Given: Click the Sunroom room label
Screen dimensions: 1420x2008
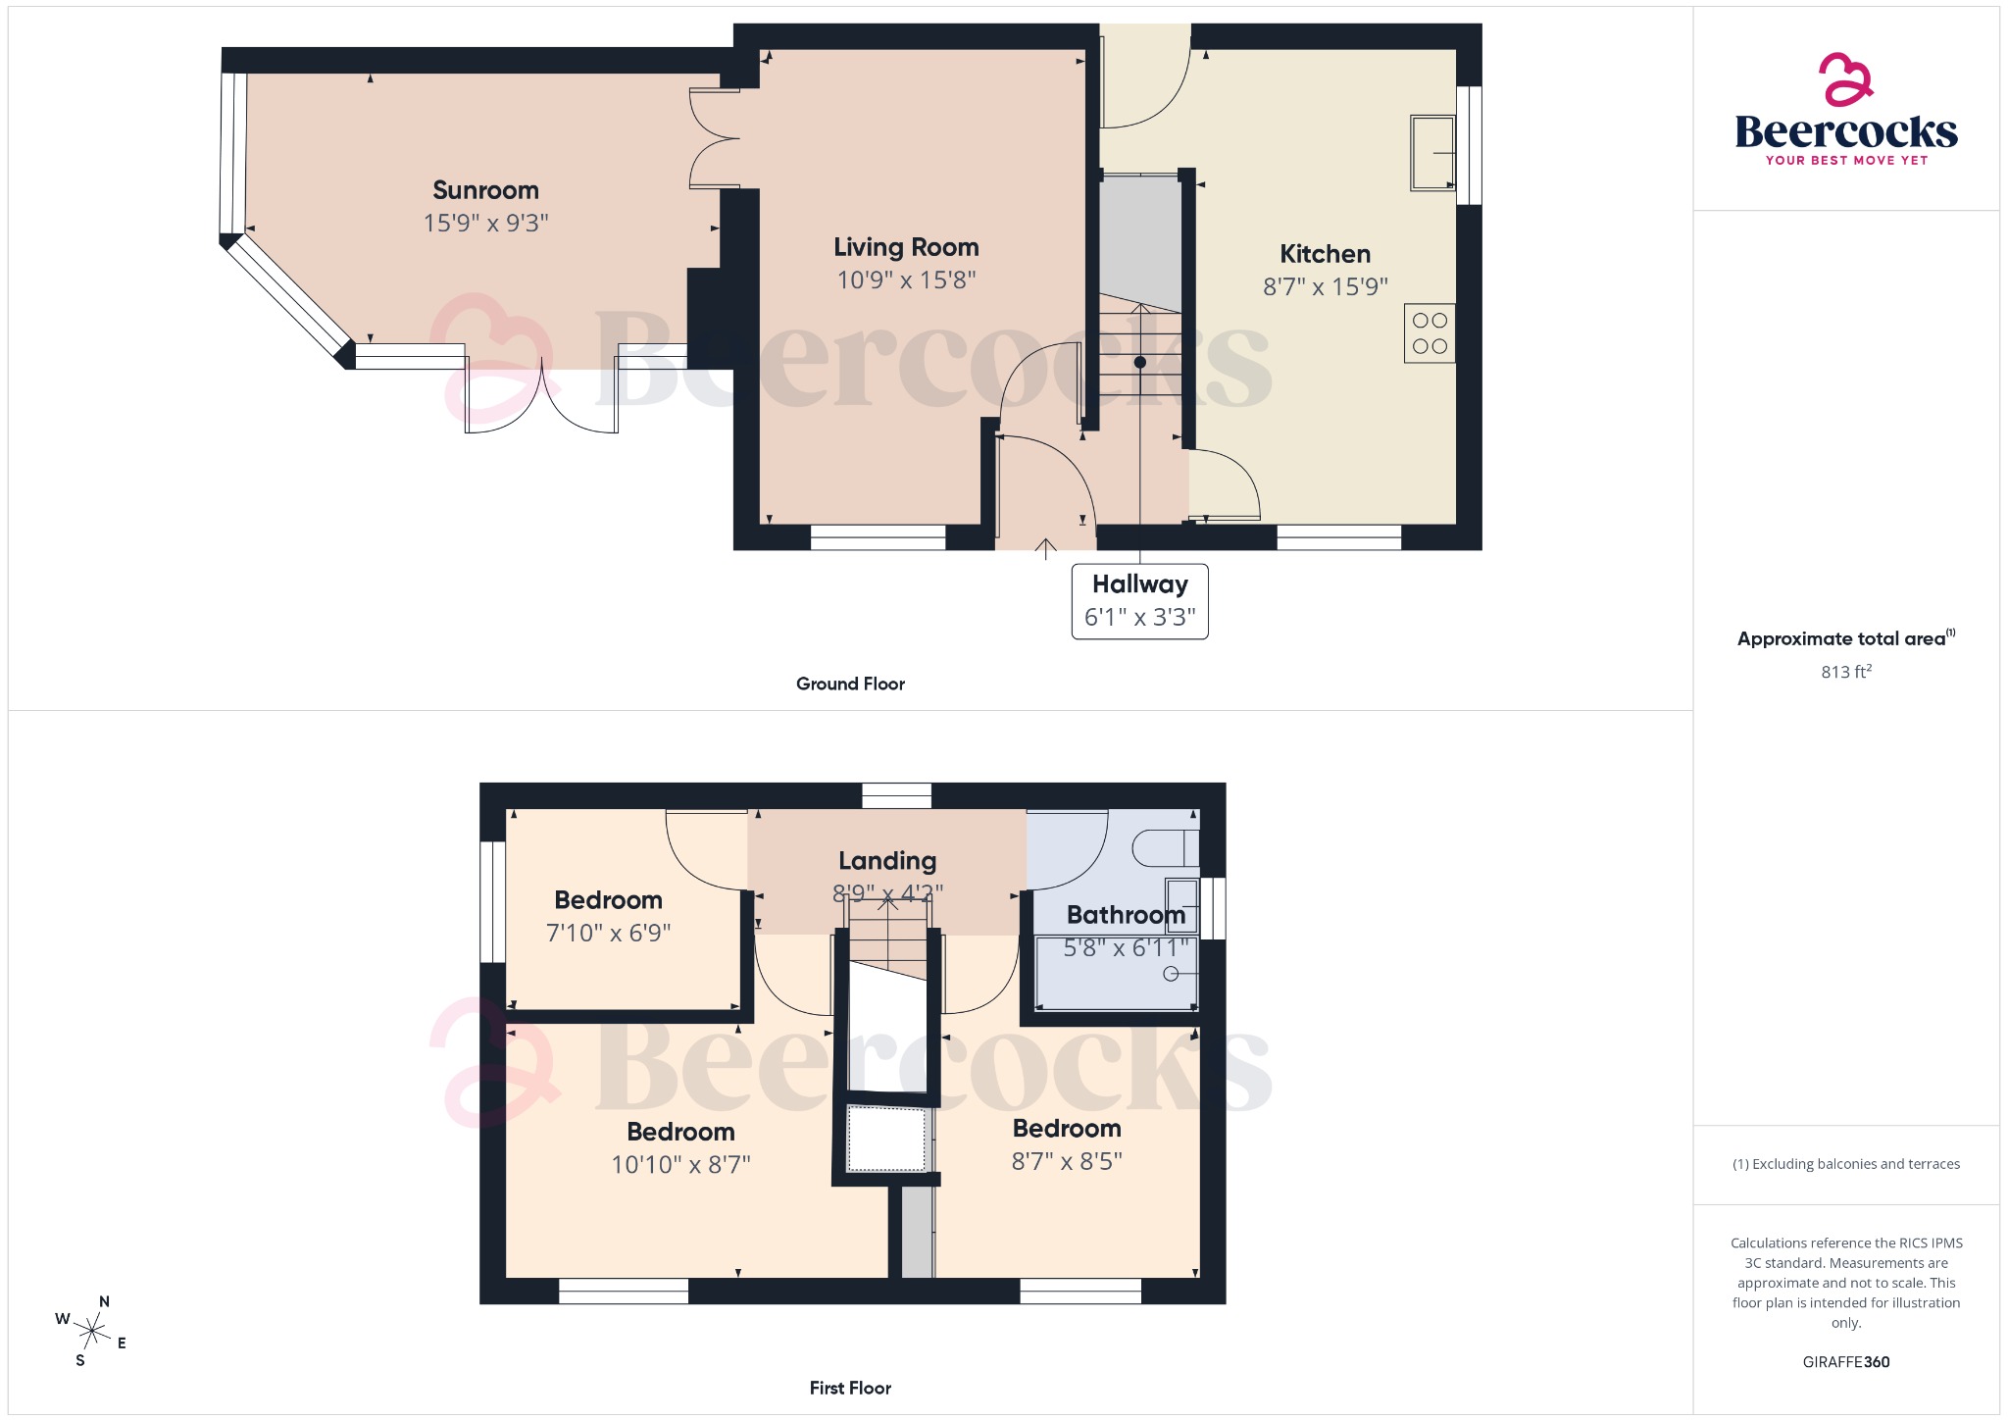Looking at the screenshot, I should pos(485,190).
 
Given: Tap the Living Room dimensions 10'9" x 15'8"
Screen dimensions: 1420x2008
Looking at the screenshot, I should pos(906,280).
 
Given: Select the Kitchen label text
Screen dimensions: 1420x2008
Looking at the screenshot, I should pos(1325,254).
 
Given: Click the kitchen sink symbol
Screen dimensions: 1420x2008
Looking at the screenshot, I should pos(1431,153).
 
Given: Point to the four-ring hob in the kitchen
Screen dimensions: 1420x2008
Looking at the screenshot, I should pos(1429,333).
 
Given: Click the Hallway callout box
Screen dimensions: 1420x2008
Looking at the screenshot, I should pos(1139,600).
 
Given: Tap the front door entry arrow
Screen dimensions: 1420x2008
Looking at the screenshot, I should pos(1045,548).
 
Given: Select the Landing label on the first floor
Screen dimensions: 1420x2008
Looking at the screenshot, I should pos(887,861).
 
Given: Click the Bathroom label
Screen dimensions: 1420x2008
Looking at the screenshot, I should pos(1126,915).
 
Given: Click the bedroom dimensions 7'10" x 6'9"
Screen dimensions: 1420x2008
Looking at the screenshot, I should pos(608,934).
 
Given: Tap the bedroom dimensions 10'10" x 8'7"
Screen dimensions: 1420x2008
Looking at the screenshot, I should pos(680,1165).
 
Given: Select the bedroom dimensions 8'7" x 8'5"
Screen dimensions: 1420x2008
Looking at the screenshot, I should pos(1067,1162).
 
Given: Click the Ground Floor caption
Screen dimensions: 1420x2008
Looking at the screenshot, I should pos(850,684).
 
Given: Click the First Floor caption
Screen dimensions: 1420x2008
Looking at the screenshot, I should pos(850,1388).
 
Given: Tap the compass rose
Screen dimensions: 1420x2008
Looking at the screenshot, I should pos(93,1331).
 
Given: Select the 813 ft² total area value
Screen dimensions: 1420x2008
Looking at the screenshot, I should pos(1845,672).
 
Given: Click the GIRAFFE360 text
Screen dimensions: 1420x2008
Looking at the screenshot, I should pos(1845,1362).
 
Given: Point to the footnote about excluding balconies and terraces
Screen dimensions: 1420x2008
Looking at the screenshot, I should pos(1845,1164).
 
